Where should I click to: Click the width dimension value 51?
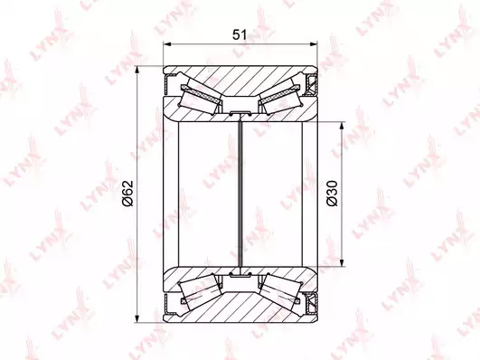(240, 34)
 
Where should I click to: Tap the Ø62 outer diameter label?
(127, 194)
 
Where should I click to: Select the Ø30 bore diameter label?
(332, 194)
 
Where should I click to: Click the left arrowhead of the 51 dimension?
(167, 44)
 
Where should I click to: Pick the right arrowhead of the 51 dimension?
(314, 44)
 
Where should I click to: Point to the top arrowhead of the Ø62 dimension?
(137, 70)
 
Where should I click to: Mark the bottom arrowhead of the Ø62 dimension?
(137, 318)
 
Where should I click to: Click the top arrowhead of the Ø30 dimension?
(342, 126)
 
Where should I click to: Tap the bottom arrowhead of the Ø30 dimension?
(342, 263)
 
